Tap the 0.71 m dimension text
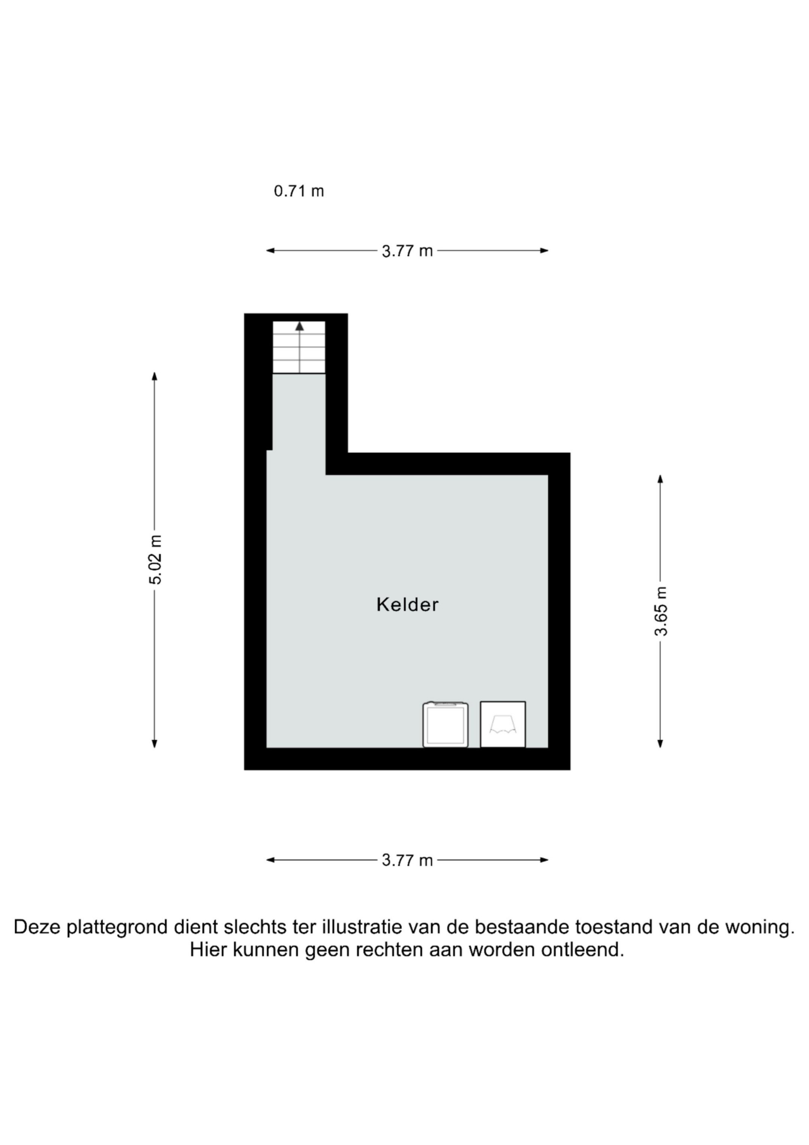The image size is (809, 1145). [x=299, y=191]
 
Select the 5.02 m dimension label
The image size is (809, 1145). [x=156, y=559]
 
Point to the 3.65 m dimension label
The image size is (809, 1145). [x=661, y=612]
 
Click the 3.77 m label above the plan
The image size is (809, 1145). [x=407, y=251]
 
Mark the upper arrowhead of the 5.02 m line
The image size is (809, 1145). [x=155, y=376]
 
